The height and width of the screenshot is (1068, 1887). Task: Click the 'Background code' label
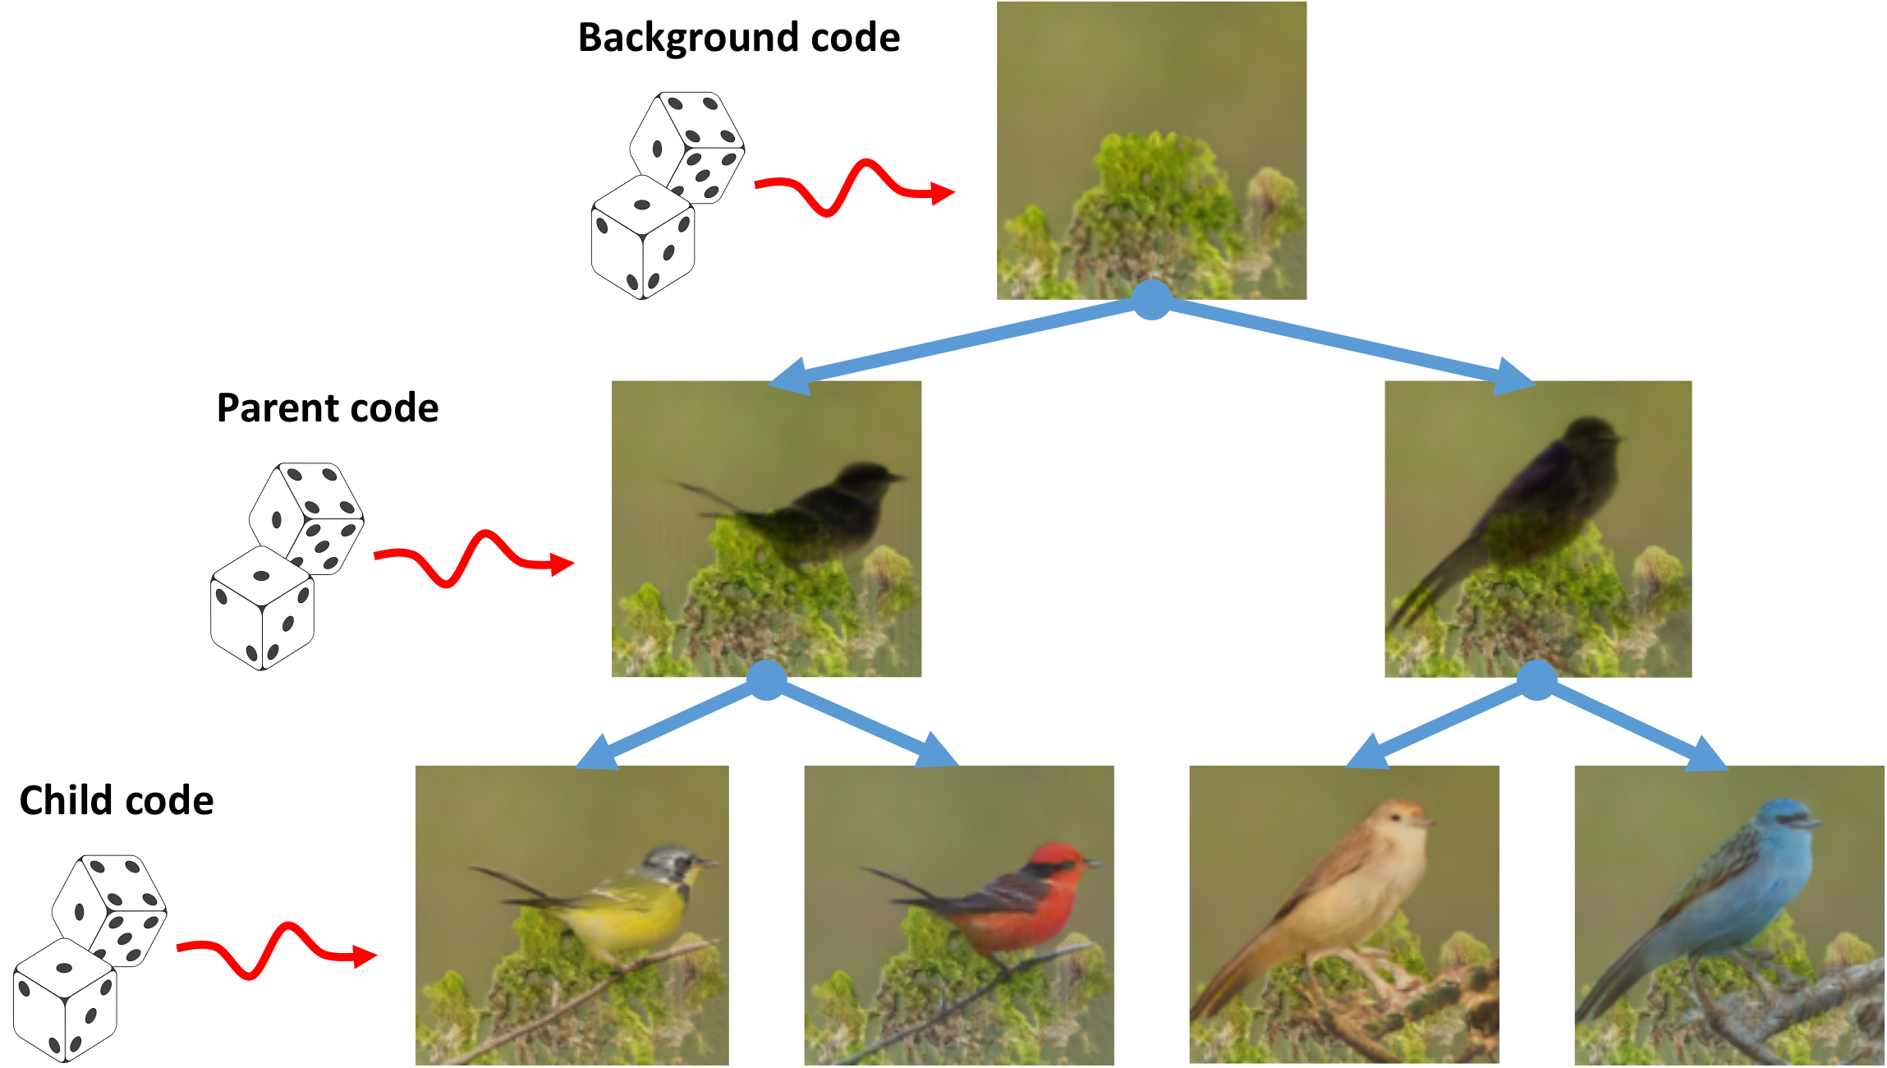tap(738, 38)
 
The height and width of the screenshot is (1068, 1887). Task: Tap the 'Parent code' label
tap(327, 408)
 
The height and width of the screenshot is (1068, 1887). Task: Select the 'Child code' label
tap(116, 800)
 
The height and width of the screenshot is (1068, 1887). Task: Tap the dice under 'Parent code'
tap(286, 566)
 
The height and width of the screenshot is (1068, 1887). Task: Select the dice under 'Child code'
tap(89, 958)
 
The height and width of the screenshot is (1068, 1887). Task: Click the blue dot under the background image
tap(1151, 299)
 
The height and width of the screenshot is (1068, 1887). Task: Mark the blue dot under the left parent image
tap(766, 679)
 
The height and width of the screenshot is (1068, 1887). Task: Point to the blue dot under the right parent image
tap(1536, 679)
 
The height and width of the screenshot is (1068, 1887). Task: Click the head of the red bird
tap(1058, 862)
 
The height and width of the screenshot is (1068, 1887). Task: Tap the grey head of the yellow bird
tap(669, 865)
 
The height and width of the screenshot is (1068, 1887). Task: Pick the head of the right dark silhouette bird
tap(1591, 437)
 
